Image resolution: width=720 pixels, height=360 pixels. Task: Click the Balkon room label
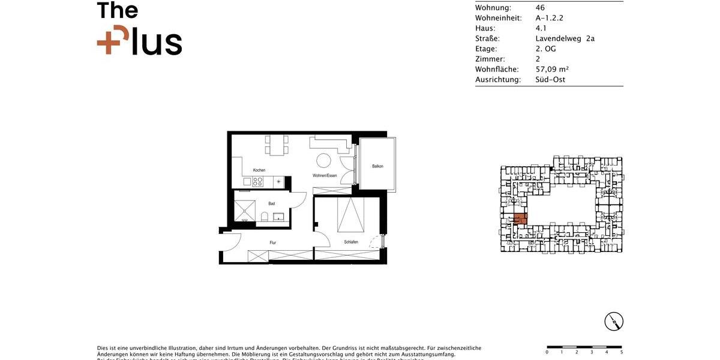point(377,166)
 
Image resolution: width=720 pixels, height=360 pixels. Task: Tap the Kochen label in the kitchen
point(259,170)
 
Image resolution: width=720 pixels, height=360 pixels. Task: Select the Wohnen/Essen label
point(325,176)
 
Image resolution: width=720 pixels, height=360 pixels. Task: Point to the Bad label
point(272,203)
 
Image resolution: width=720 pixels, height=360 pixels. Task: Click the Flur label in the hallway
point(272,242)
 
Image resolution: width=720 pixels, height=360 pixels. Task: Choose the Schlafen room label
point(351,242)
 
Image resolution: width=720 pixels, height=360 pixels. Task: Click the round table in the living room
point(324,160)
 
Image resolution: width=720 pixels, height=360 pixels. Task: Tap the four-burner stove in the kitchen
point(259,181)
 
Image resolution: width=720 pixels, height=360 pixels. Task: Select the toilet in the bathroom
point(265,217)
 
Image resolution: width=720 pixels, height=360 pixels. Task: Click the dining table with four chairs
point(277,145)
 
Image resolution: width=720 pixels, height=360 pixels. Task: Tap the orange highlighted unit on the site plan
point(520,219)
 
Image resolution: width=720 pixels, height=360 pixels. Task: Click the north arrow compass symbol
point(614,322)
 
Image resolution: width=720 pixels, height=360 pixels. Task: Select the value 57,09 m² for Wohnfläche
point(552,69)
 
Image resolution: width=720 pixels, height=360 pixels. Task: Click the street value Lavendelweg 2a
point(565,38)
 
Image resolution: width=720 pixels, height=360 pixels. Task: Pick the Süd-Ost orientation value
point(550,79)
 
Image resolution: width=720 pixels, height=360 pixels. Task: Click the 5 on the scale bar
point(622,352)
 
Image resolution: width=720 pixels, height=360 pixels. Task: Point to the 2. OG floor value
point(545,49)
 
